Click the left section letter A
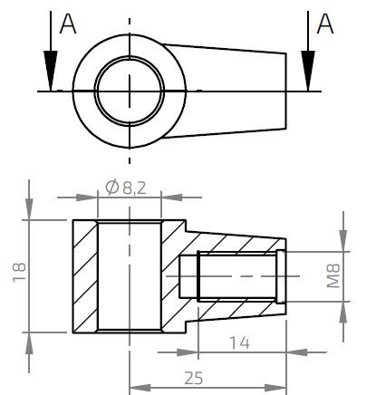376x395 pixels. [x=67, y=24]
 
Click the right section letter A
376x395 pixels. [x=326, y=24]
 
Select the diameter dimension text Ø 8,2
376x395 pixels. [x=127, y=188]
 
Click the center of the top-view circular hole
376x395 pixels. [x=130, y=92]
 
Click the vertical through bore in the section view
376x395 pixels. [x=130, y=275]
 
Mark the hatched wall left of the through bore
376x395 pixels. [x=84, y=275]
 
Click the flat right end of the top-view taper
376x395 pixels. [x=288, y=92]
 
